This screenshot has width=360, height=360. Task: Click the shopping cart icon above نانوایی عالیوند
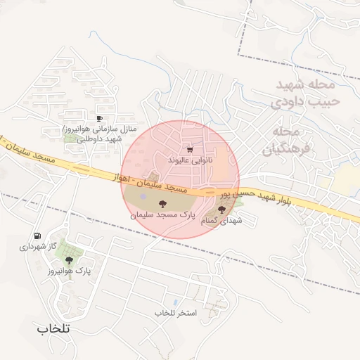(190, 149)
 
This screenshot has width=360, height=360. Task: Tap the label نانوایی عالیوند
(190, 160)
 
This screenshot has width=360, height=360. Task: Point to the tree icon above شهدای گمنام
(222, 210)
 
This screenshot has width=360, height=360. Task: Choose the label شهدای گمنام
(222, 221)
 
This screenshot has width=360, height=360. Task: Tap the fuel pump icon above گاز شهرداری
(37, 236)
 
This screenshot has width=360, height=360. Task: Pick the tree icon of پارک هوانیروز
(68, 260)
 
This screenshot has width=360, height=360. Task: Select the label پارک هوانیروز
(70, 271)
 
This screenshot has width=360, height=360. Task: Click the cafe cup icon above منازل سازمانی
(99, 118)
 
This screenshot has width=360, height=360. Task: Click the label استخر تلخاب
(176, 311)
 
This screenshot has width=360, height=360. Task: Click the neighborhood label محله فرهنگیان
(288, 141)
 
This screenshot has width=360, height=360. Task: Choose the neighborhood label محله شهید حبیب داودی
(305, 93)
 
